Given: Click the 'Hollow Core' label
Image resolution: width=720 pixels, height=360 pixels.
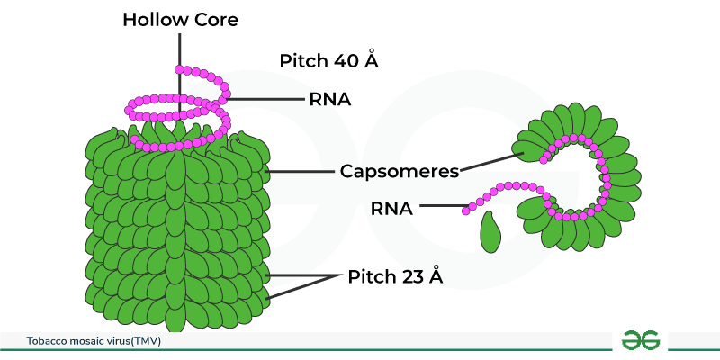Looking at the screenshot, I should [181, 19].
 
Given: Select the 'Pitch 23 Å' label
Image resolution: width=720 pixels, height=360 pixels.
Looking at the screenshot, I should [395, 276].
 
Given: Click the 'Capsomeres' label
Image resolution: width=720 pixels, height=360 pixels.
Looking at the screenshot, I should [400, 169].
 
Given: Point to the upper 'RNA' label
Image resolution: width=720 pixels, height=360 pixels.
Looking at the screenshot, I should [328, 99].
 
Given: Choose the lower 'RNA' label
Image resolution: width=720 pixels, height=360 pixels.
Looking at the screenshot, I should [391, 208].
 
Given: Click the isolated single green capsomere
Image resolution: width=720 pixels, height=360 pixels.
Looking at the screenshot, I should [490, 232].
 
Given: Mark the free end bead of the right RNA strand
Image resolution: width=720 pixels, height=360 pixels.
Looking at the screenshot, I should [467, 211].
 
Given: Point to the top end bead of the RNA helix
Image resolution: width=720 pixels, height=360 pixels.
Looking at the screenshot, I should [180, 69].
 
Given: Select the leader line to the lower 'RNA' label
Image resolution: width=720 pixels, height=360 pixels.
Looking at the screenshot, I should [441, 208].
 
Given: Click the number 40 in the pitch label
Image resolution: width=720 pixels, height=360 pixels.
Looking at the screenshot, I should [347, 61].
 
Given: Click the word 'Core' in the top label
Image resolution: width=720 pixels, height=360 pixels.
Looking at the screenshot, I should [215, 19].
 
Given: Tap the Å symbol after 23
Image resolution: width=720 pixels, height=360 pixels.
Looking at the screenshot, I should [436, 276].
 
